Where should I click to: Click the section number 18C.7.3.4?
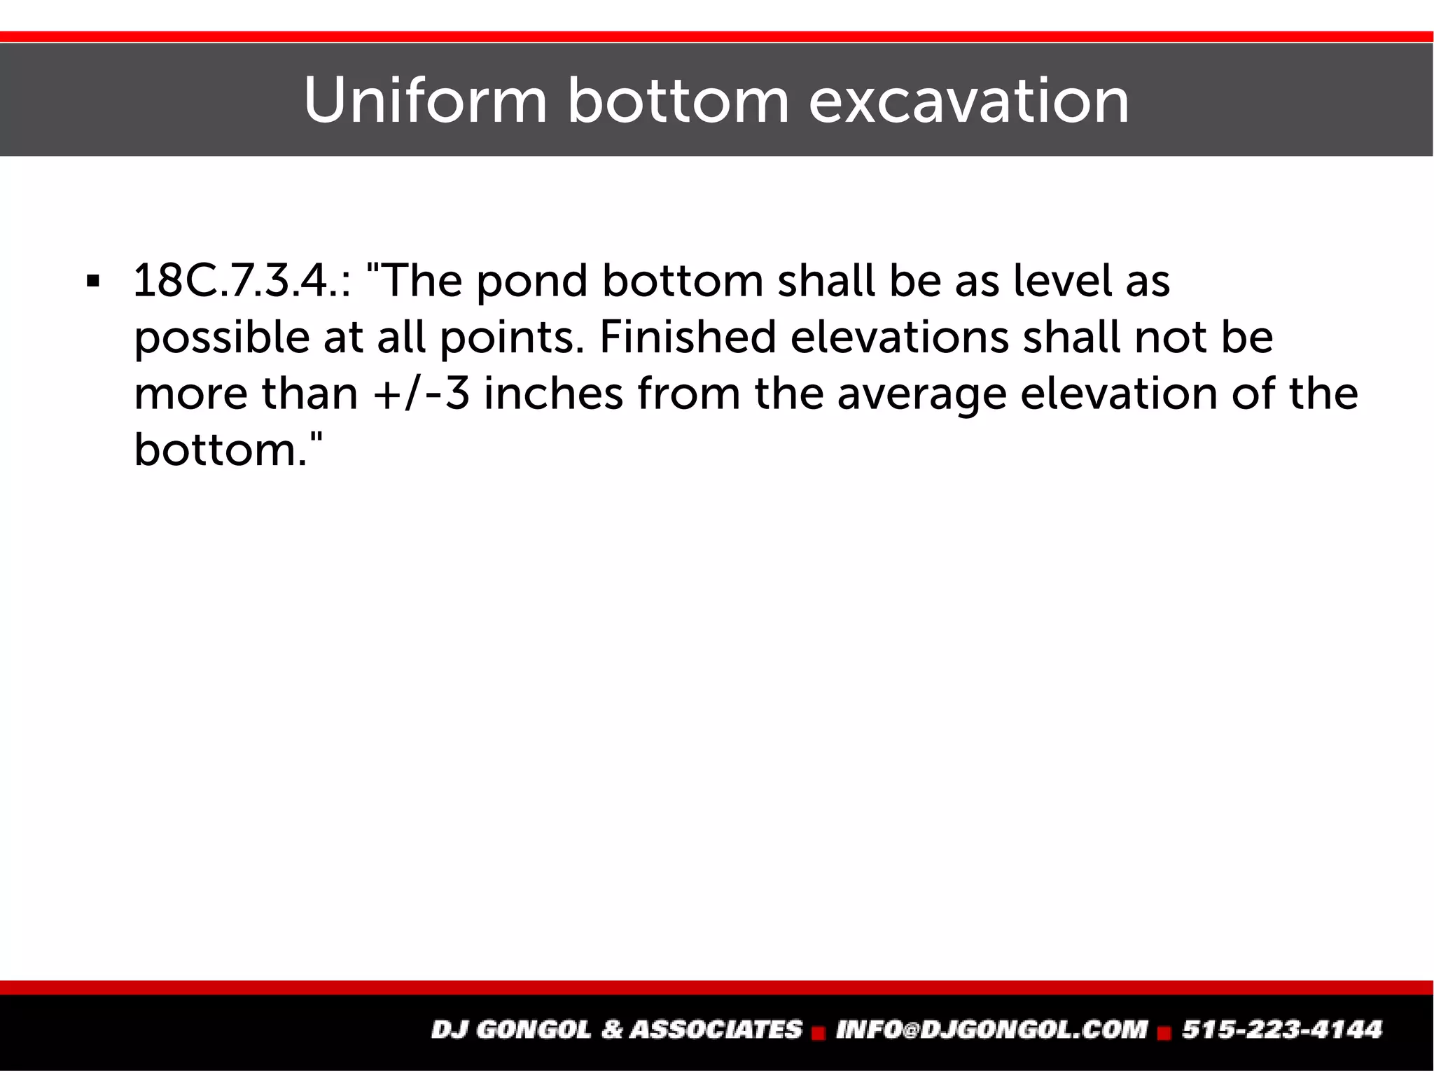241,281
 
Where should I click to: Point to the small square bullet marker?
92,282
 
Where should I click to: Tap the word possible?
221,338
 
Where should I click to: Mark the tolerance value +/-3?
420,394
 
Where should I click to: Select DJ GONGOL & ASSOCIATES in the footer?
616,1029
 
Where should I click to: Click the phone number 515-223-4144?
1282,1029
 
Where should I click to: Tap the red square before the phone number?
1164,1032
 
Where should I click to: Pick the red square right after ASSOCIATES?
817,1032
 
